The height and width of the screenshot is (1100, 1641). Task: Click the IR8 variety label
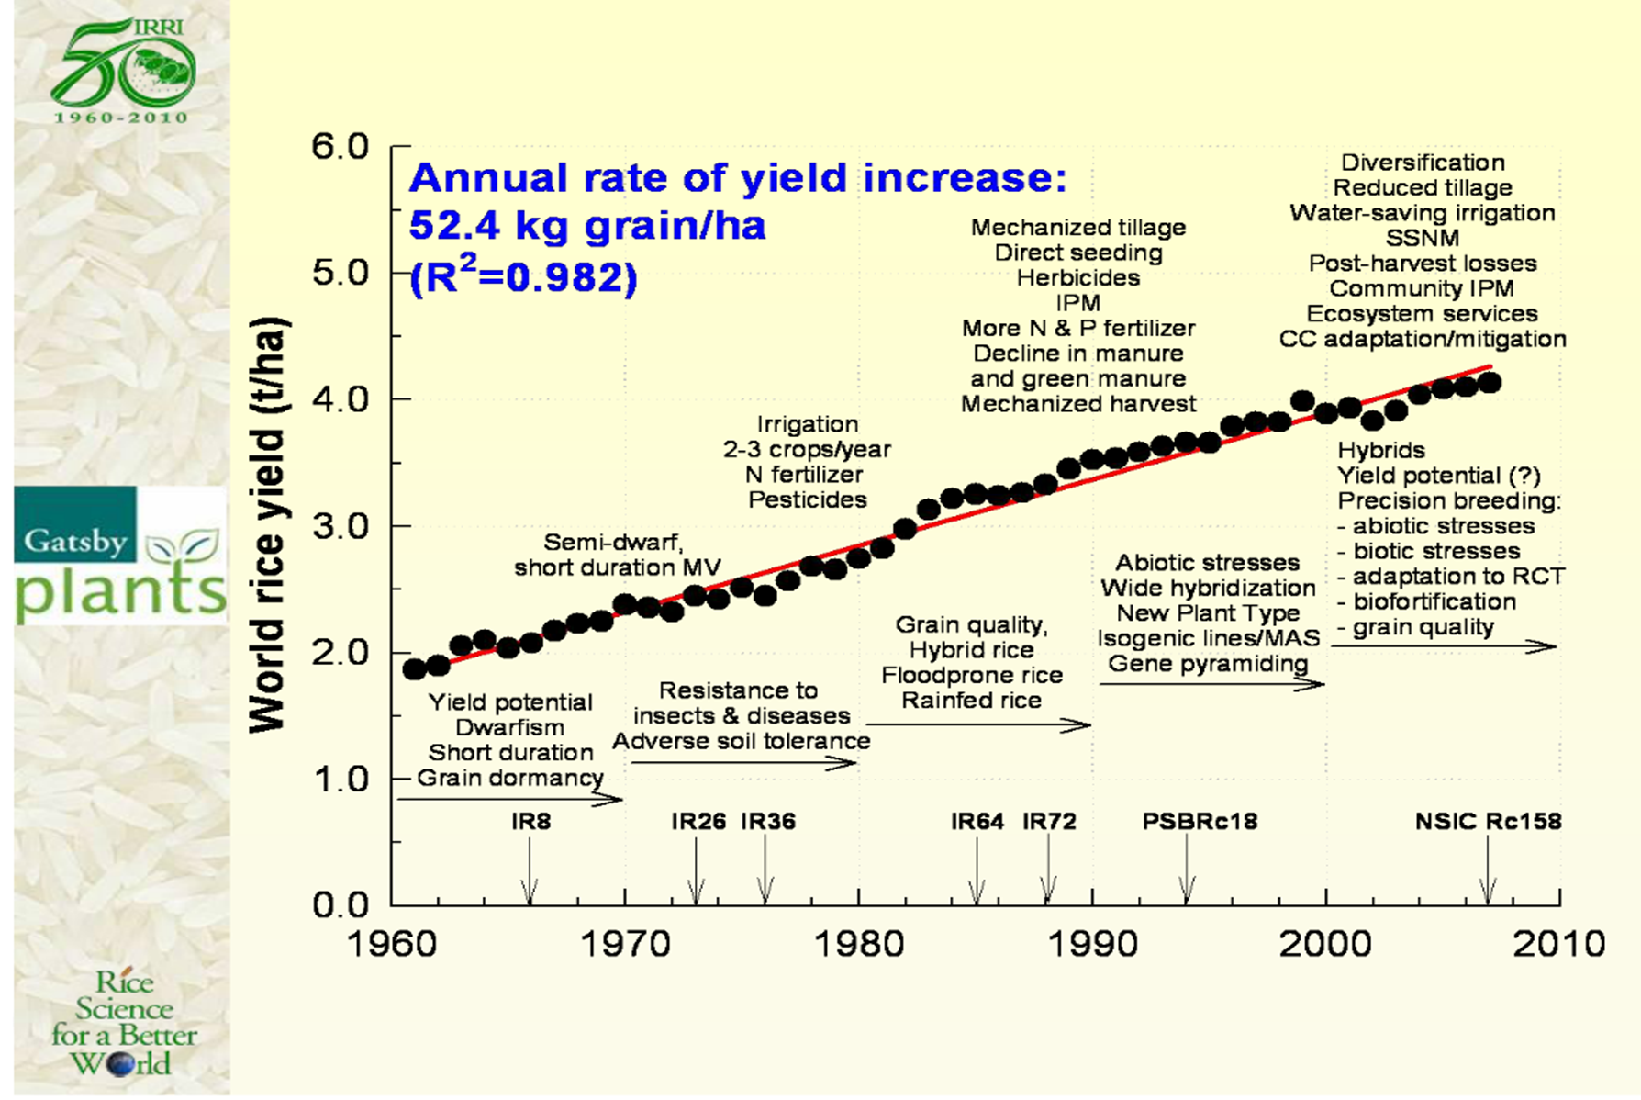[530, 821]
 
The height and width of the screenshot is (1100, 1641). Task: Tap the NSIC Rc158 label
[1487, 821]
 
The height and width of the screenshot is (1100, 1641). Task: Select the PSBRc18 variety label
[1199, 821]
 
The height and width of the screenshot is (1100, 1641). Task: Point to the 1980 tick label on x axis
[859, 943]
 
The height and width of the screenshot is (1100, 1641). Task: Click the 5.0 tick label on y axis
[340, 273]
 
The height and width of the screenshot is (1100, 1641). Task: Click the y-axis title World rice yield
[268, 525]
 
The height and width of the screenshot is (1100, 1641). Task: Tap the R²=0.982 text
[523, 276]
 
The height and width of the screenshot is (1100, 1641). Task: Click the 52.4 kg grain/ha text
[586, 225]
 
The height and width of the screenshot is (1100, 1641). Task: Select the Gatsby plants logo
[120, 556]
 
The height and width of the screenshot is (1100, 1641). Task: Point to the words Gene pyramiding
[1208, 663]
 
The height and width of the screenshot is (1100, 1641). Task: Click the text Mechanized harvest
[1077, 404]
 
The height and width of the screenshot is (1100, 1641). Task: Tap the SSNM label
[1422, 238]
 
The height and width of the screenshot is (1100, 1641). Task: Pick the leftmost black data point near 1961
[415, 668]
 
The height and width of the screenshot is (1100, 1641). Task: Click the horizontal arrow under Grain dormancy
[509, 799]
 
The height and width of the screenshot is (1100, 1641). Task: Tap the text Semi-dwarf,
[613, 542]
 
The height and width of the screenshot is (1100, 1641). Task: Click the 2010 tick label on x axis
[1559, 943]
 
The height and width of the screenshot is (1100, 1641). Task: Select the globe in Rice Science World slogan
[119, 1065]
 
